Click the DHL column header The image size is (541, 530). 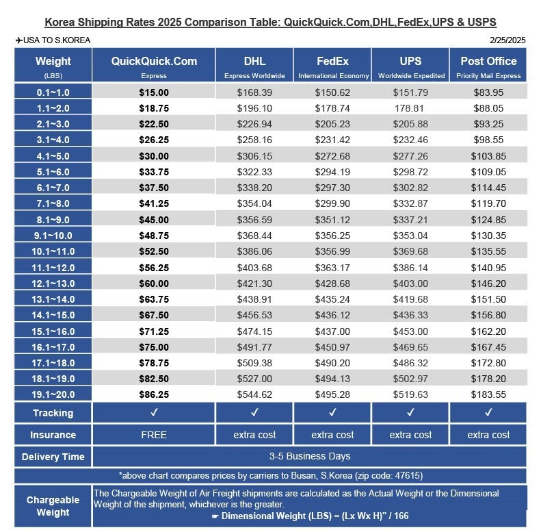pos(254,61)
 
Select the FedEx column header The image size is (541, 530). pos(332,61)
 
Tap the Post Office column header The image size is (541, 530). pos(488,61)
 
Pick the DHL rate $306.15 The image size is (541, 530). pos(254,156)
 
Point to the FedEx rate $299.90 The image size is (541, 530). pos(332,203)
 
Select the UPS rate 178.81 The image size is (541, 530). pos(410,108)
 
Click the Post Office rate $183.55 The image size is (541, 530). pos(488,394)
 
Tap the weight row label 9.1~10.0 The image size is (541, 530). pos(53,236)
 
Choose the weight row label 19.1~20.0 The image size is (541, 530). pos(53,394)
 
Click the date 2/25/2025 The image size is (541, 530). pos(508,40)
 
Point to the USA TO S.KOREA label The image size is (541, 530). pos(53,40)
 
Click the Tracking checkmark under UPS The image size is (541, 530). pos(410,413)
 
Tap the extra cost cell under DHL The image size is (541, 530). pos(254,435)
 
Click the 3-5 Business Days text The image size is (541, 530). pos(309,456)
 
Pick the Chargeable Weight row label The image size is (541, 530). pos(53,506)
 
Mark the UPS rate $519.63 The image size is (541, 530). pos(410,394)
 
